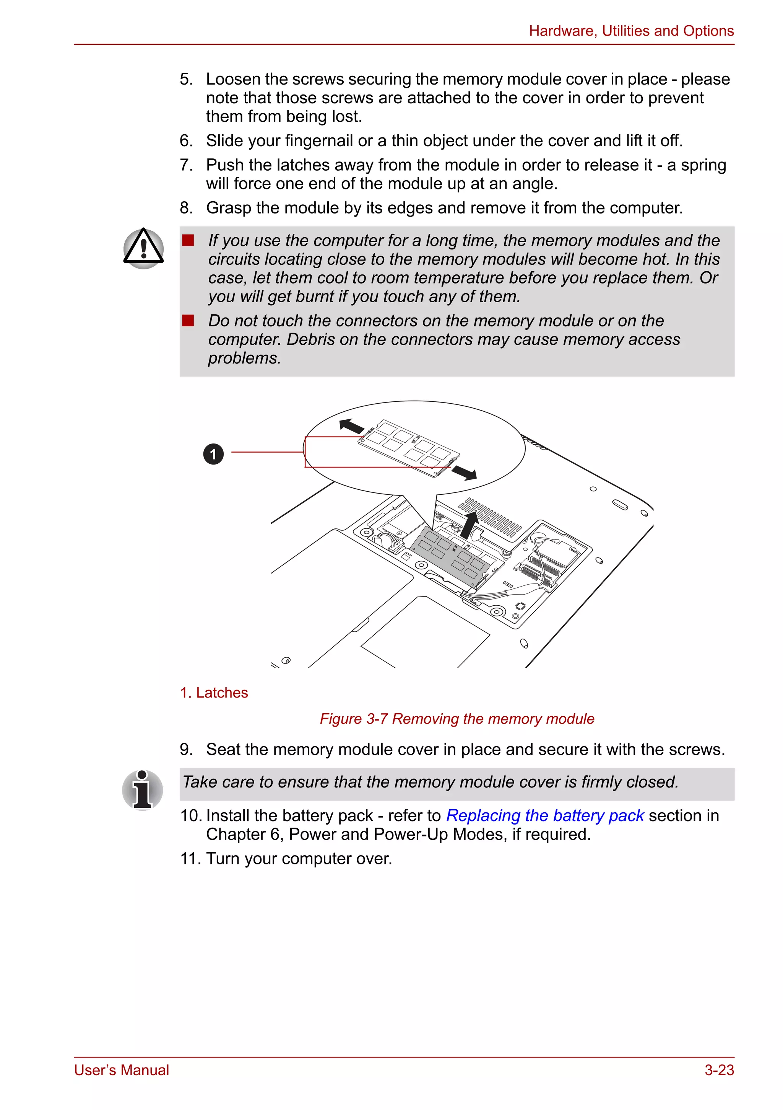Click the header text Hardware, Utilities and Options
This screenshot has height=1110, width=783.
pyautogui.click(x=631, y=31)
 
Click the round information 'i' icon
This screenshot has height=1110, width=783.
pyautogui.click(x=143, y=789)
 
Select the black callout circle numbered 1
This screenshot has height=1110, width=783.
pyautogui.click(x=213, y=454)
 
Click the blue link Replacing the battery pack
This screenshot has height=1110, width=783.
pyautogui.click(x=544, y=816)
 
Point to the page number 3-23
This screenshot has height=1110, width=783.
pyautogui.click(x=719, y=1070)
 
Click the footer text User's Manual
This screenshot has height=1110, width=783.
pyautogui.click(x=122, y=1070)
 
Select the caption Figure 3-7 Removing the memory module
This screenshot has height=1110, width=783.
pyautogui.click(x=456, y=719)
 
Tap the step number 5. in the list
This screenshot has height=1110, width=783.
pyautogui.click(x=187, y=79)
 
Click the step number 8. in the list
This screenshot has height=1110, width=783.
pyautogui.click(x=187, y=208)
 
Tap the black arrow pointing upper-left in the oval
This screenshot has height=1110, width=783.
pyautogui.click(x=352, y=426)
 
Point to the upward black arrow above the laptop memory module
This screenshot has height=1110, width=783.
pyautogui.click(x=469, y=525)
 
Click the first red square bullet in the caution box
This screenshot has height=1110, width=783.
pyautogui.click(x=188, y=240)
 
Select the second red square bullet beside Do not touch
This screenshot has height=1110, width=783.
pyautogui.click(x=188, y=321)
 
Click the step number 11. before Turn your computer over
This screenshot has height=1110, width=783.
pyautogui.click(x=190, y=859)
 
